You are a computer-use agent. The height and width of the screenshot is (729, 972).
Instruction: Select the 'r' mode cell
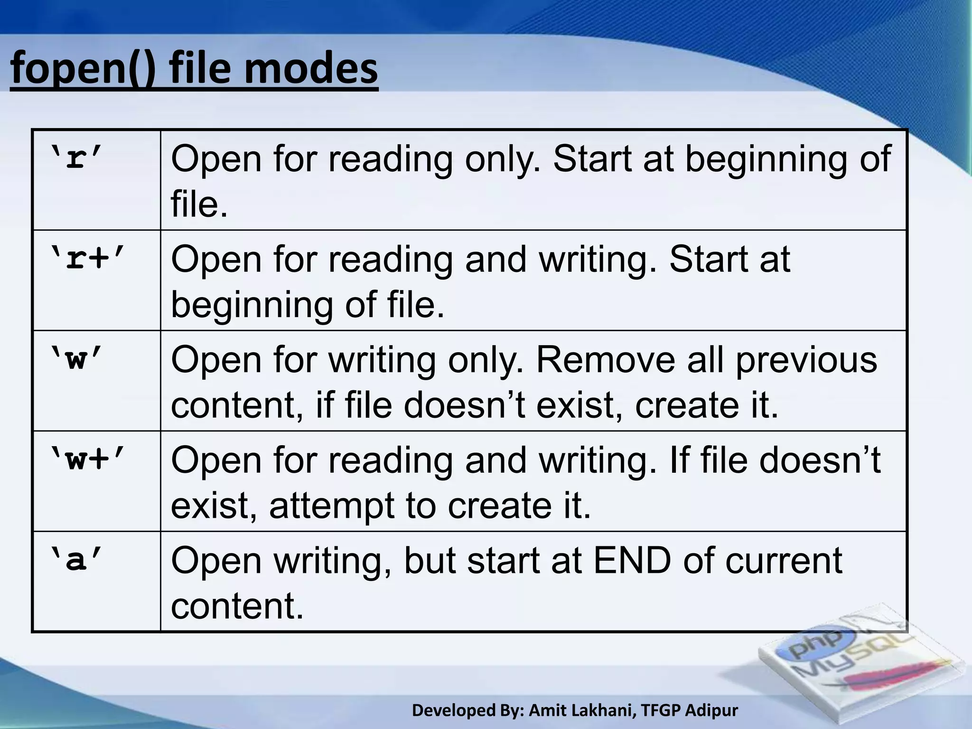76,160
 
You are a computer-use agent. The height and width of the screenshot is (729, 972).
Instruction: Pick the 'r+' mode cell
87,260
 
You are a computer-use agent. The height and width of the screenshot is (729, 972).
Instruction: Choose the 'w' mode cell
76,361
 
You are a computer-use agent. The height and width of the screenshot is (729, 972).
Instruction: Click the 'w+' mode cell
87,460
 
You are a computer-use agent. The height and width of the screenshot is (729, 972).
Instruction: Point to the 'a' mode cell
76,561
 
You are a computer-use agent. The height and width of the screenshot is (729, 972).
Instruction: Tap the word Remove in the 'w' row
605,360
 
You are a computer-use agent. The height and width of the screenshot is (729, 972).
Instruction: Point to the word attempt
333,506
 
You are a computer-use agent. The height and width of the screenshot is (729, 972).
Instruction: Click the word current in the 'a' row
784,561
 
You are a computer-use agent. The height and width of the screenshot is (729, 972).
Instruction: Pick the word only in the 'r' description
503,160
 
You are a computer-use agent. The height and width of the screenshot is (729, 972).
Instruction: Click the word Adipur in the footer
712,710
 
